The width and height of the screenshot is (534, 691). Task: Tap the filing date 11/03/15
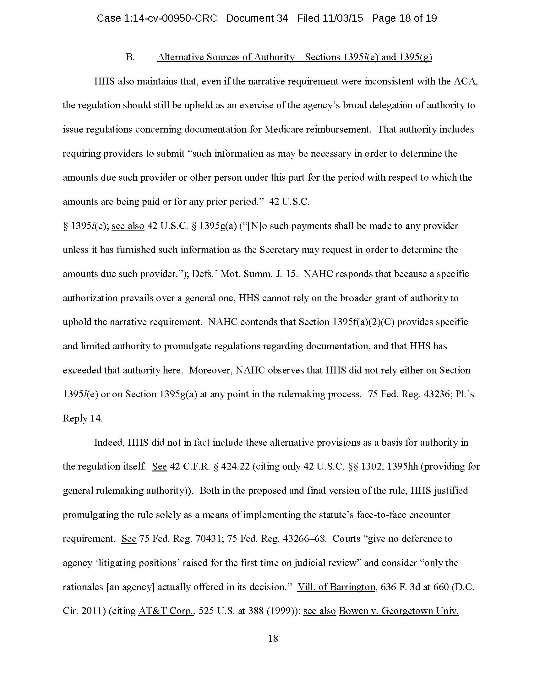pos(343,18)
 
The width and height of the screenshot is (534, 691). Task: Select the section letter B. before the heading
pos(130,57)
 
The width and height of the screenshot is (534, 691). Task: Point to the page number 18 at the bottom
pos(273,638)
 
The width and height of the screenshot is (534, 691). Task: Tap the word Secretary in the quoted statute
pos(279,250)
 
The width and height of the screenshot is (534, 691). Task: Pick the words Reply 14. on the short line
pos(83,418)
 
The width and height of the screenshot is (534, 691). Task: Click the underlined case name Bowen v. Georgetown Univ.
pos(399,611)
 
